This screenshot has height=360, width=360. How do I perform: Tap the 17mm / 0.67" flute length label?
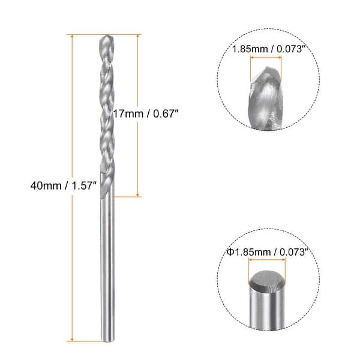(x=146, y=112)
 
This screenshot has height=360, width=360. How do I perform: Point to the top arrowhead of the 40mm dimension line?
(x=73, y=38)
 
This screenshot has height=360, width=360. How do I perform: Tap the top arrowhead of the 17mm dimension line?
(x=139, y=38)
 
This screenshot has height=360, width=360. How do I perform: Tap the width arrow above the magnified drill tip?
(x=266, y=58)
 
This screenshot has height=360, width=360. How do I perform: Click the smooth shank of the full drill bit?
(x=107, y=264)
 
